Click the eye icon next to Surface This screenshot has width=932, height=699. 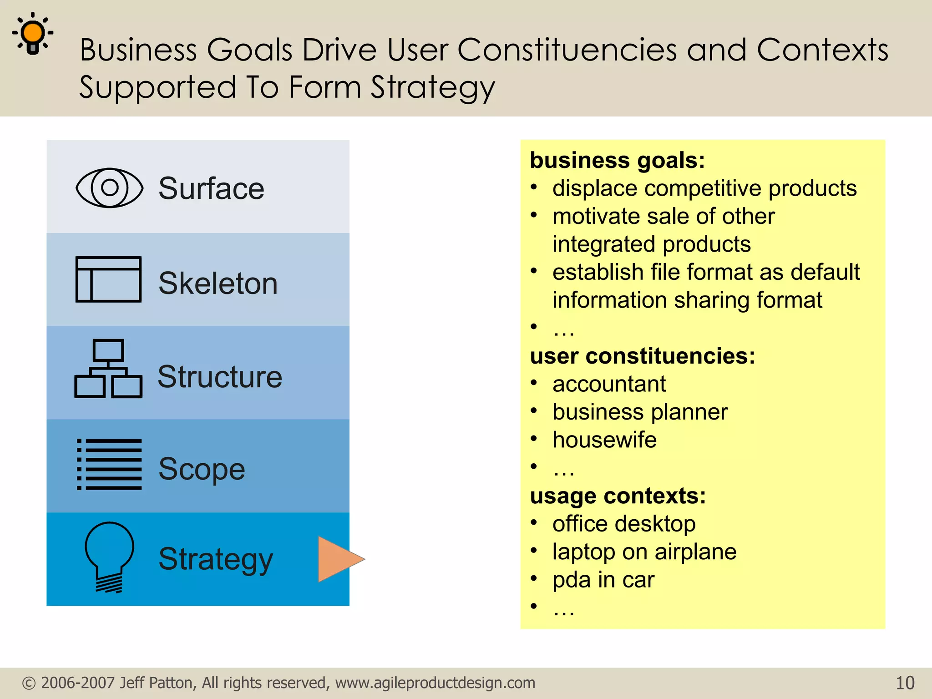tap(109, 187)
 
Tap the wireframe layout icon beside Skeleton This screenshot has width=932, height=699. tap(108, 279)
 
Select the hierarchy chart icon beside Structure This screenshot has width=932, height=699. tap(108, 369)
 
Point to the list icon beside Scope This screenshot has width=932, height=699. tap(109, 465)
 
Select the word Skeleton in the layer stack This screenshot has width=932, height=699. tap(218, 283)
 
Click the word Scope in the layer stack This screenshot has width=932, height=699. tap(202, 469)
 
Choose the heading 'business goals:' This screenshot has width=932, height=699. tap(617, 160)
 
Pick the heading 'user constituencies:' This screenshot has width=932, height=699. tap(642, 356)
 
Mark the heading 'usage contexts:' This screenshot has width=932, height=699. tap(618, 496)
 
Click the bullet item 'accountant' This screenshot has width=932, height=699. tap(609, 384)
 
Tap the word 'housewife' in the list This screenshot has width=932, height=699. tap(604, 440)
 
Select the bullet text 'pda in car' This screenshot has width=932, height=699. tap(603, 580)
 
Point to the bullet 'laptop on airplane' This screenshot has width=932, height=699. tap(644, 552)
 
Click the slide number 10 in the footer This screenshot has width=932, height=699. tap(905, 683)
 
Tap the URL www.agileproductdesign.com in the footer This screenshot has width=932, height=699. tap(435, 683)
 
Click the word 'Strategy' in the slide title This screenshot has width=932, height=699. tap(432, 87)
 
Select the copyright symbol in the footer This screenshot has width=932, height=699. tap(29, 683)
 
